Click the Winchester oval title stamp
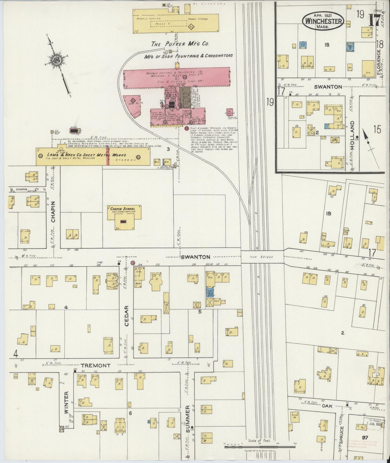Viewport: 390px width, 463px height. pyautogui.click(x=323, y=21)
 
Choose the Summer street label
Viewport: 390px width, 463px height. pyautogui.click(x=188, y=422)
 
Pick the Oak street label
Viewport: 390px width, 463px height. pyautogui.click(x=326, y=406)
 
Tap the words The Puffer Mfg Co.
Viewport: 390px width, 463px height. pyautogui.click(x=180, y=44)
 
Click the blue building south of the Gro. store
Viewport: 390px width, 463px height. pyautogui.click(x=209, y=292)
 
